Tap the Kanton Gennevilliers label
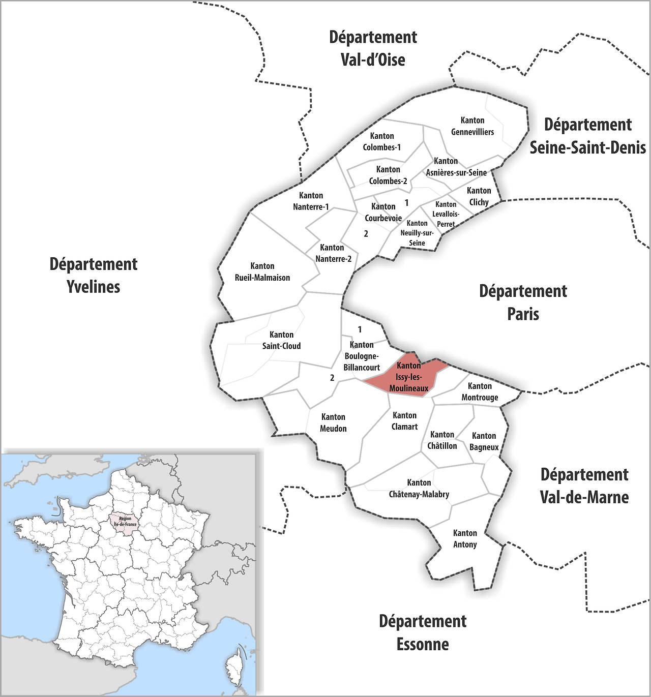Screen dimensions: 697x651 point(472,126)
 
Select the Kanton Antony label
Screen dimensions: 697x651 point(465,538)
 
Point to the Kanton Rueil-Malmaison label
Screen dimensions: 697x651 point(262,272)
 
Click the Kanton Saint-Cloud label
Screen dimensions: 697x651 point(281,340)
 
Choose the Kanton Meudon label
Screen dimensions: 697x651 point(333,422)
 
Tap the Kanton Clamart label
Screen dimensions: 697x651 point(405,421)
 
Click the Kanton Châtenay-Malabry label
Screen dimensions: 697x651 point(419,488)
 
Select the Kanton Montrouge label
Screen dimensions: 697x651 point(480,391)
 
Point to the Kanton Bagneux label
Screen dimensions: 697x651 point(484,441)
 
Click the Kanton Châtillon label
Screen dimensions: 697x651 point(442,440)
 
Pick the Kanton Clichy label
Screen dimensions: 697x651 point(479,196)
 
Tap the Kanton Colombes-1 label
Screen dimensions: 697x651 point(381,141)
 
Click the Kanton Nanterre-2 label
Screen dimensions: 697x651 point(333,253)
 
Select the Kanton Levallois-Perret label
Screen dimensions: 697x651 point(446,214)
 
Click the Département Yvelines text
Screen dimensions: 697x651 point(94,275)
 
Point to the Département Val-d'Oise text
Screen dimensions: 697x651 point(373,48)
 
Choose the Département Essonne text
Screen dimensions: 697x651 point(423,632)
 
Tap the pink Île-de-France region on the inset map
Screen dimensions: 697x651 point(125,522)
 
